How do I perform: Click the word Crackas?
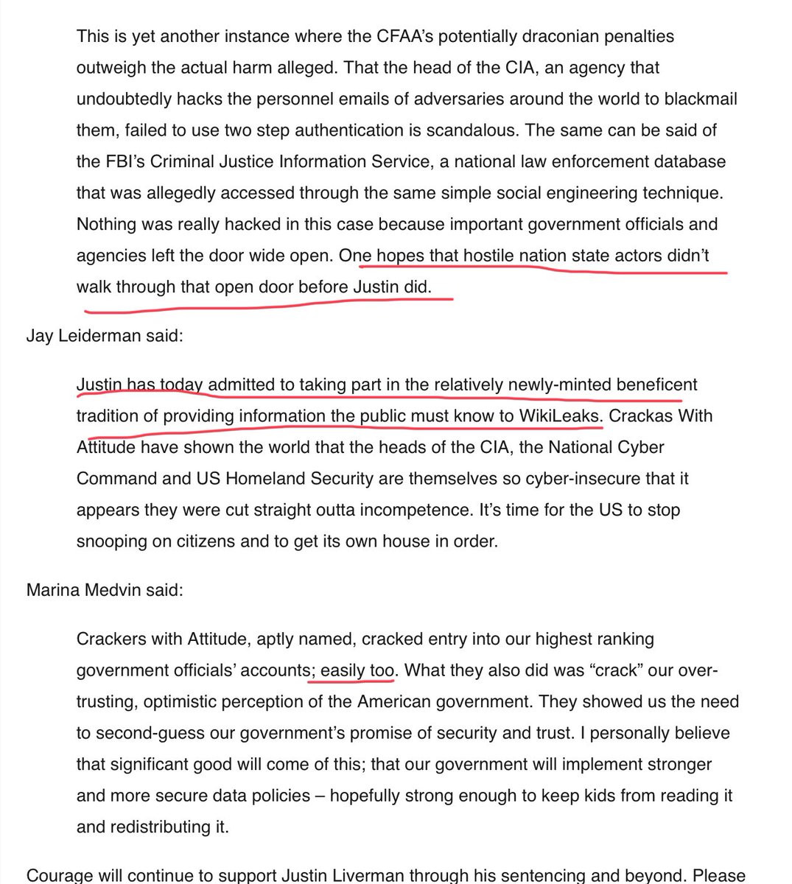pos(639,415)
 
